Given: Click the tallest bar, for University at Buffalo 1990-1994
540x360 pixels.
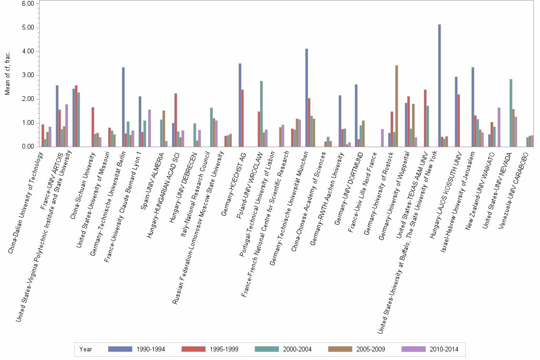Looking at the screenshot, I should click(x=440, y=86).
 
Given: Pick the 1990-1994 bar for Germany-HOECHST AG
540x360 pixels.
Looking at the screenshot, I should click(x=240, y=105).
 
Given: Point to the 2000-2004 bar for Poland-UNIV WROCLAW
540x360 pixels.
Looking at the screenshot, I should click(x=261, y=114).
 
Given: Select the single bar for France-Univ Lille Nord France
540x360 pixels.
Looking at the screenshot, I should click(x=382, y=138).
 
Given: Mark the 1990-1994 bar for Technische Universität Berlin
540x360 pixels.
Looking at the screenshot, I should click(x=123, y=107).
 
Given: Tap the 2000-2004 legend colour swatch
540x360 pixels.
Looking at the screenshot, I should click(x=267, y=350).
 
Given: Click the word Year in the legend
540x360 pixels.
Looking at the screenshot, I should click(x=86, y=350).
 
